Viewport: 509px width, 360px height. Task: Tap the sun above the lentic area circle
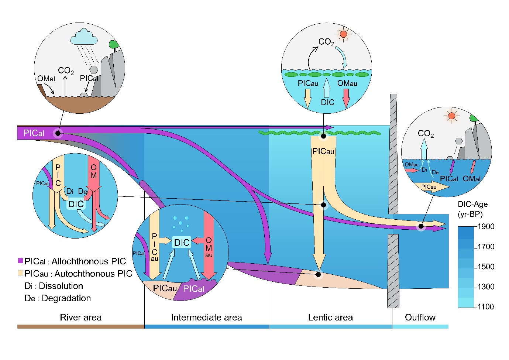pyautogui.click(x=344, y=34)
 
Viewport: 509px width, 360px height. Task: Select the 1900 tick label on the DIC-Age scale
pyautogui.click(x=486, y=227)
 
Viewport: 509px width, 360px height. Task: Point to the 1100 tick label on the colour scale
pyautogui.click(x=486, y=306)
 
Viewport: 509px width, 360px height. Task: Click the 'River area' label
pyautogui.click(x=80, y=318)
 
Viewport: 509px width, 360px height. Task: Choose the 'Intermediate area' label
pyautogui.click(x=206, y=318)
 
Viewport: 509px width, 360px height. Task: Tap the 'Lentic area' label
pyautogui.click(x=330, y=318)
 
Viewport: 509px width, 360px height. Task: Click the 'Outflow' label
pyautogui.click(x=420, y=318)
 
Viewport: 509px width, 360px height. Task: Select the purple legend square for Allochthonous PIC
pyautogui.click(x=21, y=261)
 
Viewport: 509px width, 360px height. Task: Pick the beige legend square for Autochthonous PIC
pyautogui.click(x=21, y=273)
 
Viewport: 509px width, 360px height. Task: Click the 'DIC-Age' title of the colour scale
pyautogui.click(x=472, y=204)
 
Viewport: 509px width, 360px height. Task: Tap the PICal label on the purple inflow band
pyautogui.click(x=34, y=133)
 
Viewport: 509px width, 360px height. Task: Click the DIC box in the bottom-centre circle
pyautogui.click(x=182, y=243)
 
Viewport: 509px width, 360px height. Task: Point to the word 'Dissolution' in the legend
pyautogui.click(x=61, y=286)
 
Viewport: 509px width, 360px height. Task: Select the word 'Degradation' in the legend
pyautogui.click(x=66, y=298)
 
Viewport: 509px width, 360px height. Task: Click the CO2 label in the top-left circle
pyautogui.click(x=66, y=71)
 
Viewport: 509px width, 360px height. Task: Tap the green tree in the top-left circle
pyautogui.click(x=114, y=45)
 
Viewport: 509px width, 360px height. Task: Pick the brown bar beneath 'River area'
pyautogui.click(x=80, y=326)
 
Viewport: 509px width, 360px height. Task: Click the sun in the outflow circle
pyautogui.click(x=451, y=116)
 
